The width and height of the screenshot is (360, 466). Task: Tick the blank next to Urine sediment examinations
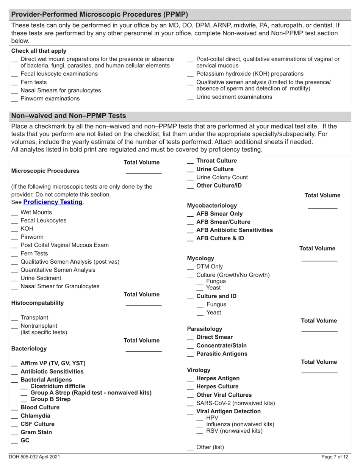[191, 98]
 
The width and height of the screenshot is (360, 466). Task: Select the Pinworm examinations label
[50, 99]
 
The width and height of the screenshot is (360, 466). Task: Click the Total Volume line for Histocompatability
[143, 305]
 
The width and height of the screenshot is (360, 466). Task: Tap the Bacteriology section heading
[29, 349]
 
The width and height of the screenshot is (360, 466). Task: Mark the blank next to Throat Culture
[191, 162]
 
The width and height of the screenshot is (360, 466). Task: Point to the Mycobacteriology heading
[212, 206]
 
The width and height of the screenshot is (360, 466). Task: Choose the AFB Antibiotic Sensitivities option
[234, 230]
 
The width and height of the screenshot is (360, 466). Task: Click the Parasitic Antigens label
[222, 354]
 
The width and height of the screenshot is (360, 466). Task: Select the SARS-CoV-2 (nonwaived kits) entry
[235, 403]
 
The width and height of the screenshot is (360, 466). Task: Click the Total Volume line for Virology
[319, 373]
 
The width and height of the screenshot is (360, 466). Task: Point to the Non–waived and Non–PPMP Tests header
[69, 116]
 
